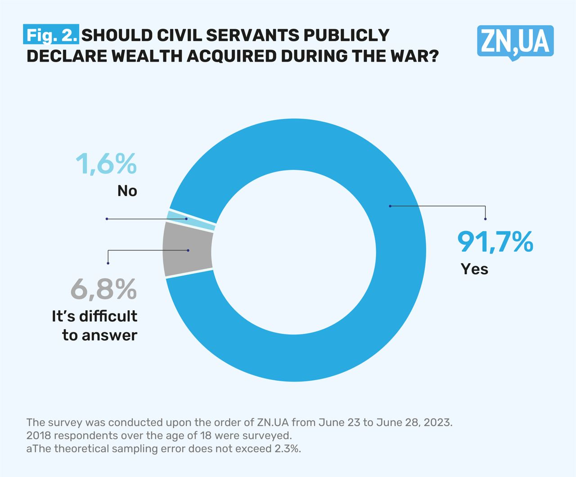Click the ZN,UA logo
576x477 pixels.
point(515,42)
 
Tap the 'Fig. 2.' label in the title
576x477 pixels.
point(51,35)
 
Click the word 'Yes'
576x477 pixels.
point(474,269)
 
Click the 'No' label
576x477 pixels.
point(127,191)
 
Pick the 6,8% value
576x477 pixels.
point(103,289)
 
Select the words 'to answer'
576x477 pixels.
point(99,335)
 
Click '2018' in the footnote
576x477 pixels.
point(37,436)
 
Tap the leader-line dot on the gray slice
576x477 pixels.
point(188,250)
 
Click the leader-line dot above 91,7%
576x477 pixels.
point(485,219)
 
